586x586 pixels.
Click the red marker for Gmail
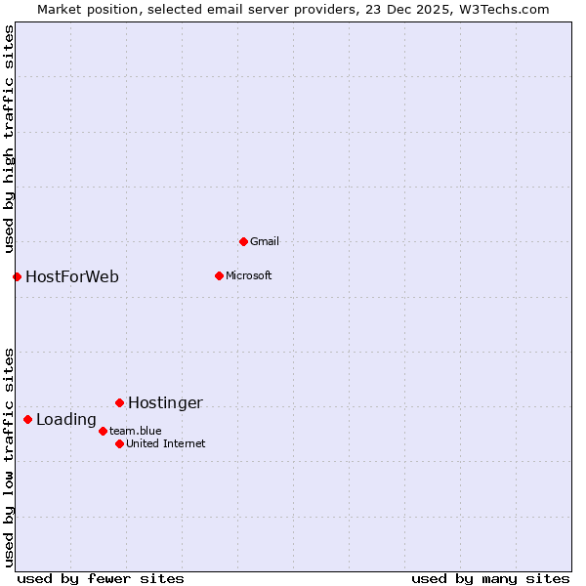[243, 241]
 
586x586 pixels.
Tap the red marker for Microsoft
[219, 275]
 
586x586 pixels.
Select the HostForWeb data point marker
[17, 276]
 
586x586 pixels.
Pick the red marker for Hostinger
[119, 402]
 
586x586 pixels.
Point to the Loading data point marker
[27, 420]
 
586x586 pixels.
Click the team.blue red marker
[103, 431]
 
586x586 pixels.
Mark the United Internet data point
[119, 443]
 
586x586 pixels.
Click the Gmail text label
[265, 241]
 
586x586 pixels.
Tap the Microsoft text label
[248, 275]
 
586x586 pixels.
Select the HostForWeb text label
[72, 276]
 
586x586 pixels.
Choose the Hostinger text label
[165, 402]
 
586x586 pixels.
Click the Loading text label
[66, 420]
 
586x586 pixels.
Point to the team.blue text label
[136, 431]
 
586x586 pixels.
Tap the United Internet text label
[166, 443]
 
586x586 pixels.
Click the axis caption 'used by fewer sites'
[101, 578]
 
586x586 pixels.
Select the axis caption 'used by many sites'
[490, 578]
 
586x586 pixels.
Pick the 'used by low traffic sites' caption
[9, 457]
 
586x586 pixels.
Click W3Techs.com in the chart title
[505, 9]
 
